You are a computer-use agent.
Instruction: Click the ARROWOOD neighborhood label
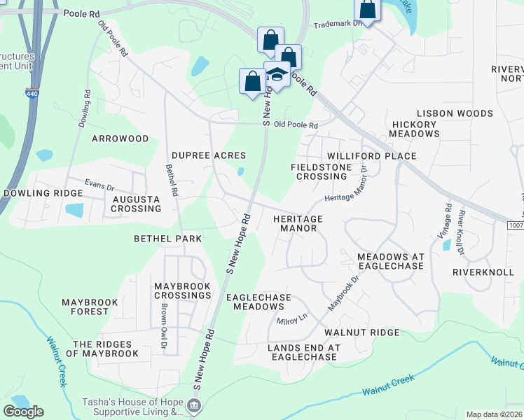click(120, 139)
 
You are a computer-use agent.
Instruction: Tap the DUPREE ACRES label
click(209, 155)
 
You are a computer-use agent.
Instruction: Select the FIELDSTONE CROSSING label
click(321, 171)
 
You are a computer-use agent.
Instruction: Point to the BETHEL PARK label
click(167, 239)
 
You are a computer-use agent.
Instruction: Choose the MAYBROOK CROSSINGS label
click(183, 290)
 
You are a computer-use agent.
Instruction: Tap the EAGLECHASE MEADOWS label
click(258, 302)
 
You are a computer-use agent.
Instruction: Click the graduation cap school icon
click(277, 75)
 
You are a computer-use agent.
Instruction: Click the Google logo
click(23, 412)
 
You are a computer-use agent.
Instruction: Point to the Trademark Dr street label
click(338, 22)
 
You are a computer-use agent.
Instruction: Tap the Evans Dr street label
click(99, 185)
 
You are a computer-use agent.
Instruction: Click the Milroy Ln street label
click(292, 320)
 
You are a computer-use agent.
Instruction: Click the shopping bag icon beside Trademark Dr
click(367, 10)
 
